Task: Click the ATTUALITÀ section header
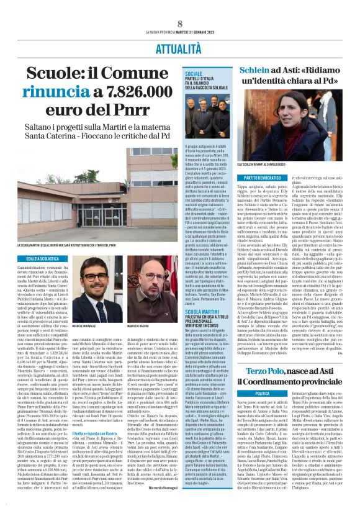(179, 47)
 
